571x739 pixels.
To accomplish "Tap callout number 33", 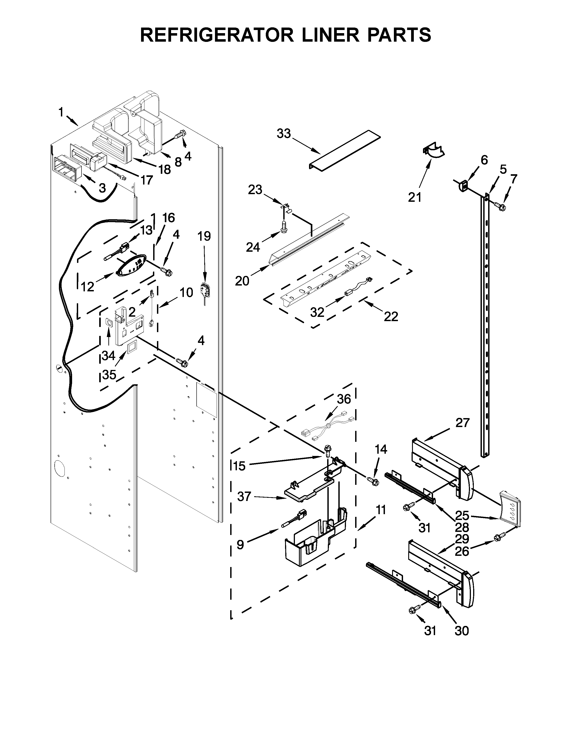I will tap(284, 134).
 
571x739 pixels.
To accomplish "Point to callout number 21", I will tap(415, 197).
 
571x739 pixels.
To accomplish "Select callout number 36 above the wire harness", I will tap(344, 399).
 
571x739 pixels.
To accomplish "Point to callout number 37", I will tap(244, 496).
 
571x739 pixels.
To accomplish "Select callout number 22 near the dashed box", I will tap(391, 316).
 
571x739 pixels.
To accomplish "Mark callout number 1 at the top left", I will tap(61, 112).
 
